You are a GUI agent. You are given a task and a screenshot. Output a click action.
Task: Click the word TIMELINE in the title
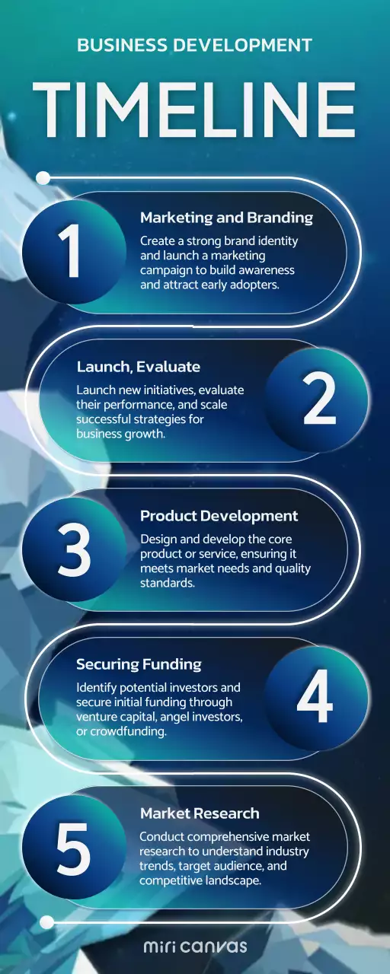[195, 111]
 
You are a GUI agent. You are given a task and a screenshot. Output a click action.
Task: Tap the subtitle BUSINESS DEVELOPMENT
[195, 46]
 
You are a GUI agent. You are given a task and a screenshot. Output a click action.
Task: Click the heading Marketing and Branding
[226, 218]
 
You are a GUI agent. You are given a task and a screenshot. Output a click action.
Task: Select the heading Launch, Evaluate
[138, 367]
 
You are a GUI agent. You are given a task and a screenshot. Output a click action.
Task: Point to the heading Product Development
[219, 516]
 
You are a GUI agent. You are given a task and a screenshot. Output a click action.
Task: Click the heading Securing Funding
[139, 665]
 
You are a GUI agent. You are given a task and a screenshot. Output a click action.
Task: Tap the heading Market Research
[200, 814]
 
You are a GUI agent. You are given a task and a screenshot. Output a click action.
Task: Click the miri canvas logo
[195, 947]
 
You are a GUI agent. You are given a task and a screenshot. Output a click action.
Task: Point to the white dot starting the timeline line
[43, 178]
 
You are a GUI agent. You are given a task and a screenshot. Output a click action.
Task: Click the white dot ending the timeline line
[46, 922]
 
